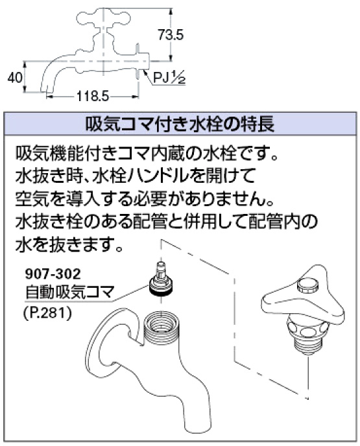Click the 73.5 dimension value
[x=171, y=35]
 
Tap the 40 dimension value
[x=14, y=77]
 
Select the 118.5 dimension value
[x=93, y=97]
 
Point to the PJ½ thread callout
[x=169, y=78]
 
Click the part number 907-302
[x=53, y=274]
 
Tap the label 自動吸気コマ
[x=69, y=292]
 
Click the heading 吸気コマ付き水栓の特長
[x=180, y=124]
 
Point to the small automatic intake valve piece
[x=161, y=279]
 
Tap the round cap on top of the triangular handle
[x=307, y=285]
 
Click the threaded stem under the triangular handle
[x=307, y=346]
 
